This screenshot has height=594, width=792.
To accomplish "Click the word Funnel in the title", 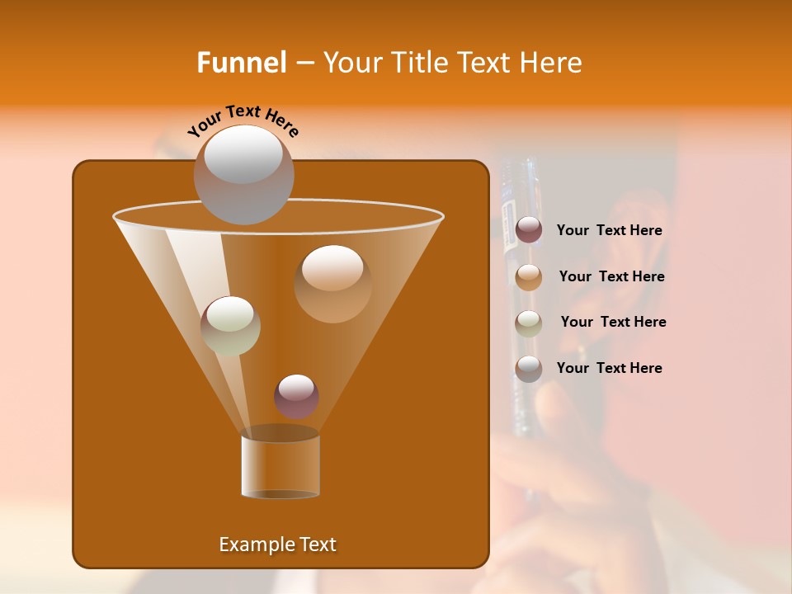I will [x=242, y=63].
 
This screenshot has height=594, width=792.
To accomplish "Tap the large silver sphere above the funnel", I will [x=243, y=174].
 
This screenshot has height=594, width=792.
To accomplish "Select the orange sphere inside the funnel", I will [x=332, y=283].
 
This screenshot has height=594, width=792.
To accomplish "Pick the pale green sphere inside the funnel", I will [x=230, y=326].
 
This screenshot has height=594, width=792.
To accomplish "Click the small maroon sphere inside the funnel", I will [x=296, y=396].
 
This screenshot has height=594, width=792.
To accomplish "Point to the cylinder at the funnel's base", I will [x=280, y=466].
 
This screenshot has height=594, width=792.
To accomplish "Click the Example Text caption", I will [x=277, y=544].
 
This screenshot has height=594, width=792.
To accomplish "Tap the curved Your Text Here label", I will [x=243, y=120].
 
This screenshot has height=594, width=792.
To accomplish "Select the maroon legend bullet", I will [x=529, y=230].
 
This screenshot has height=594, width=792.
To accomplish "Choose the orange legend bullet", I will [x=529, y=276].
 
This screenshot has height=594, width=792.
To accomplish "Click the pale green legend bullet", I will [x=529, y=323].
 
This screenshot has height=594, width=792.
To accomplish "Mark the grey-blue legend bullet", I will [x=529, y=368].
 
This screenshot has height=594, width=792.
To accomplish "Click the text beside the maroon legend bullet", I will [x=609, y=231].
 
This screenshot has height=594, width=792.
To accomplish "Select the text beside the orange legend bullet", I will [x=611, y=276].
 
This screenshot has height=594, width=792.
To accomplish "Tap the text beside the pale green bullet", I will [x=613, y=322].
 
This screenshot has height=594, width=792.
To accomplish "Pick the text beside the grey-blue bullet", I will [x=609, y=368].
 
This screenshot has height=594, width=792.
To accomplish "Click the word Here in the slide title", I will [x=551, y=63].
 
